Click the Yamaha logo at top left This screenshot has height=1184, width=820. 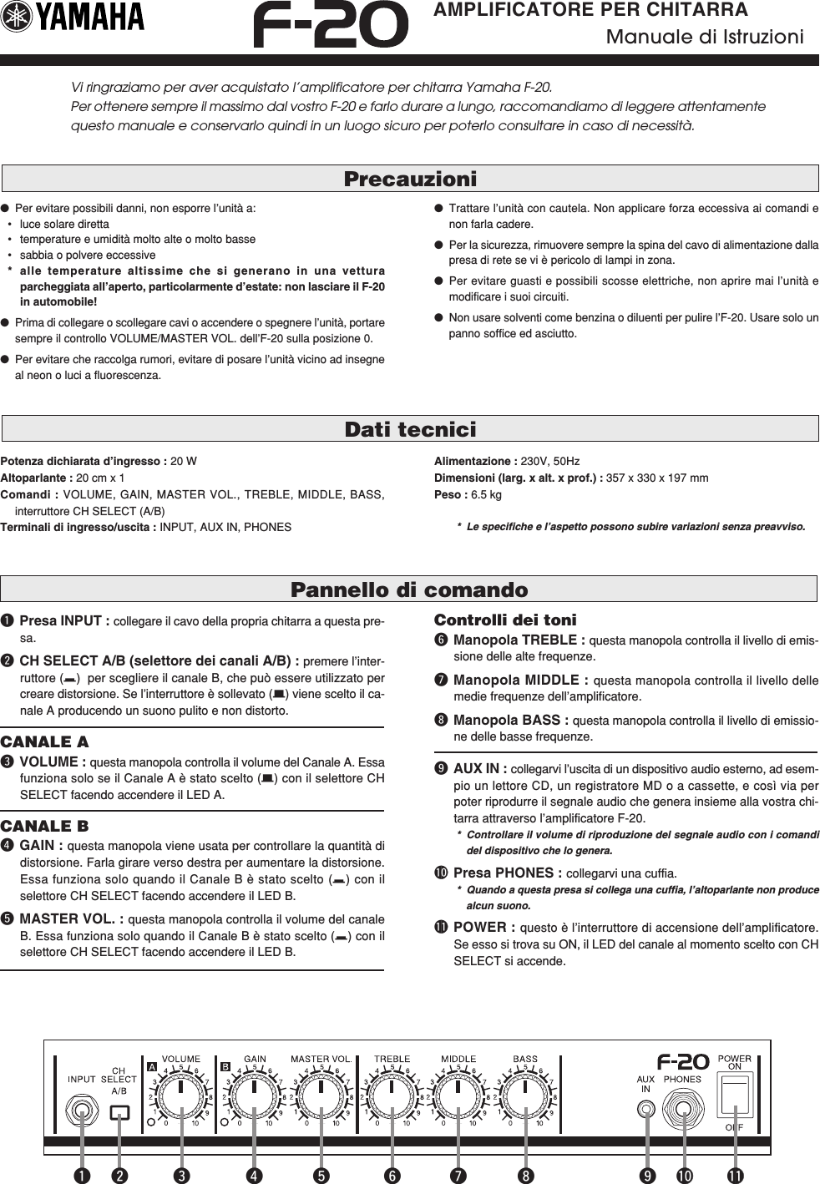(73, 18)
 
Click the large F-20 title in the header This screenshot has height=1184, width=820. (331, 25)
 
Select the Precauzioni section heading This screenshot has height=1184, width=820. (410, 179)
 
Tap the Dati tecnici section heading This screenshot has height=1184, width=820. (410, 429)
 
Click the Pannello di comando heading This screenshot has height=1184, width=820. (409, 589)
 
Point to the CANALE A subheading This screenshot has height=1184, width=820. (44, 741)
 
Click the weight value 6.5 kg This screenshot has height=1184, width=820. (486, 494)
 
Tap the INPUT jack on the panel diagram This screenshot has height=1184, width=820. (82, 1111)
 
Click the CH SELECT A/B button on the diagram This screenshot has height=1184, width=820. (119, 1112)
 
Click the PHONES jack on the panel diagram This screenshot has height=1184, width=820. (683, 1111)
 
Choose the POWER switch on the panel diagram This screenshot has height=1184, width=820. (734, 1095)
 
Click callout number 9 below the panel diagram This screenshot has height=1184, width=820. (646, 1175)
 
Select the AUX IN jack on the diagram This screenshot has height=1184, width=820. (645, 1110)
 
